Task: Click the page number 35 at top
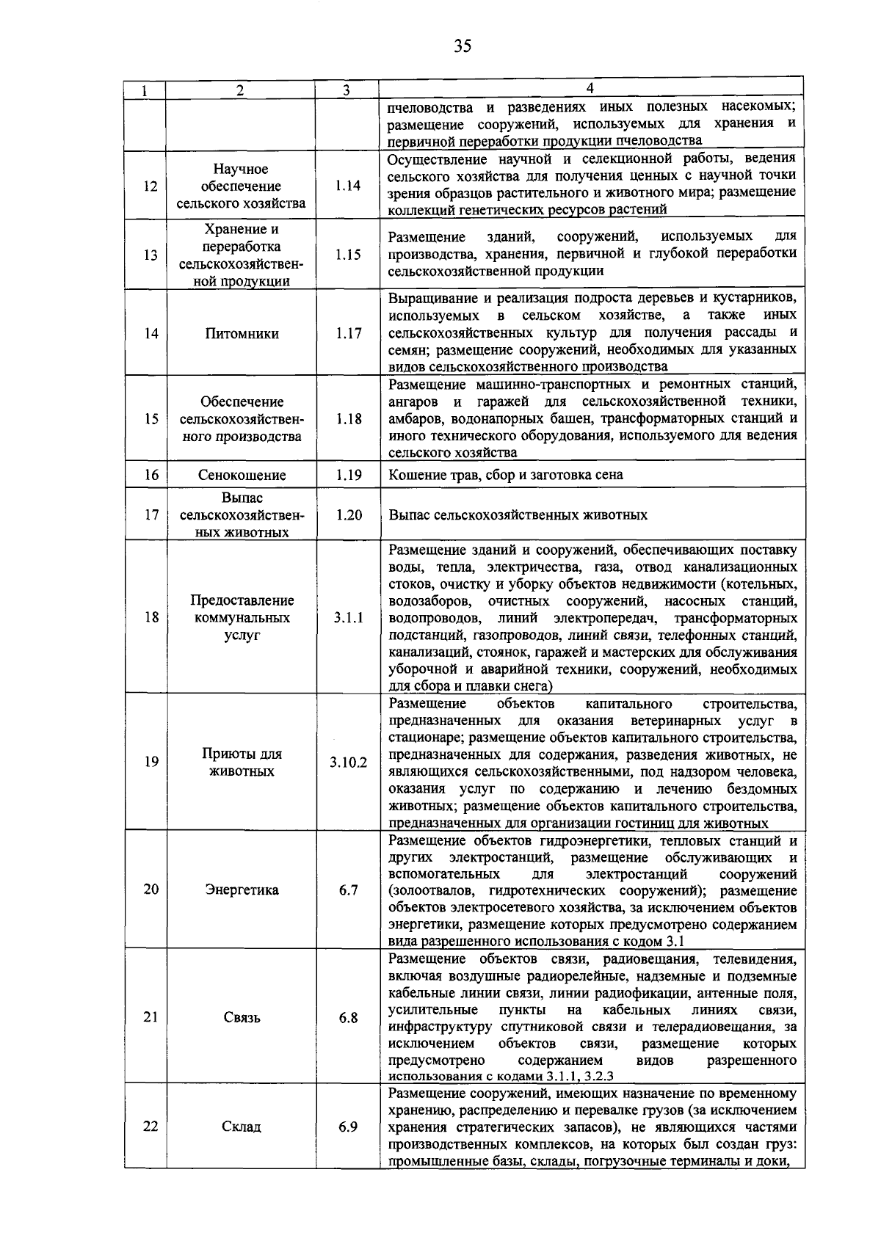pos(462,47)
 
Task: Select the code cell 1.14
pos(348,186)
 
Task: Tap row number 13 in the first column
pos(151,255)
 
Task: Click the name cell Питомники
pos(242,334)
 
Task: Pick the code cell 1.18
pos(348,419)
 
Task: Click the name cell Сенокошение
pos(242,475)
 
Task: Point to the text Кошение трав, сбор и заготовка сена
pos(506,475)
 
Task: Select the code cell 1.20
pos(348,515)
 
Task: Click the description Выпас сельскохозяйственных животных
pos(518,515)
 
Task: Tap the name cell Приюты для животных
pos(242,763)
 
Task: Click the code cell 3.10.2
pos(348,763)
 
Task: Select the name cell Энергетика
pos(242,890)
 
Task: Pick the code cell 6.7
pos(348,890)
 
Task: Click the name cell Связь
pos(242,1018)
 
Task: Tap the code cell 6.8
pos(348,1018)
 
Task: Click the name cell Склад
pos(242,1127)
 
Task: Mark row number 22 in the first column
pos(151,1127)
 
